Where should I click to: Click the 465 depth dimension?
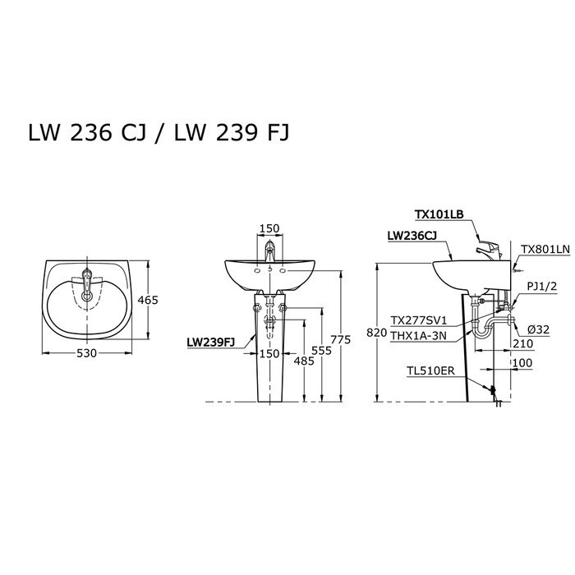[147, 301]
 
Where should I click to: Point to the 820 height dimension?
[377, 333]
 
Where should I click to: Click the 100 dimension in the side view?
[522, 362]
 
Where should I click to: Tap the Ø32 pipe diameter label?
[539, 329]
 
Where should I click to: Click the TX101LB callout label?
[439, 214]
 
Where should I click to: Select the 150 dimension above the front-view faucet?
[269, 229]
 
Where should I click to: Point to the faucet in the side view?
[489, 247]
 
